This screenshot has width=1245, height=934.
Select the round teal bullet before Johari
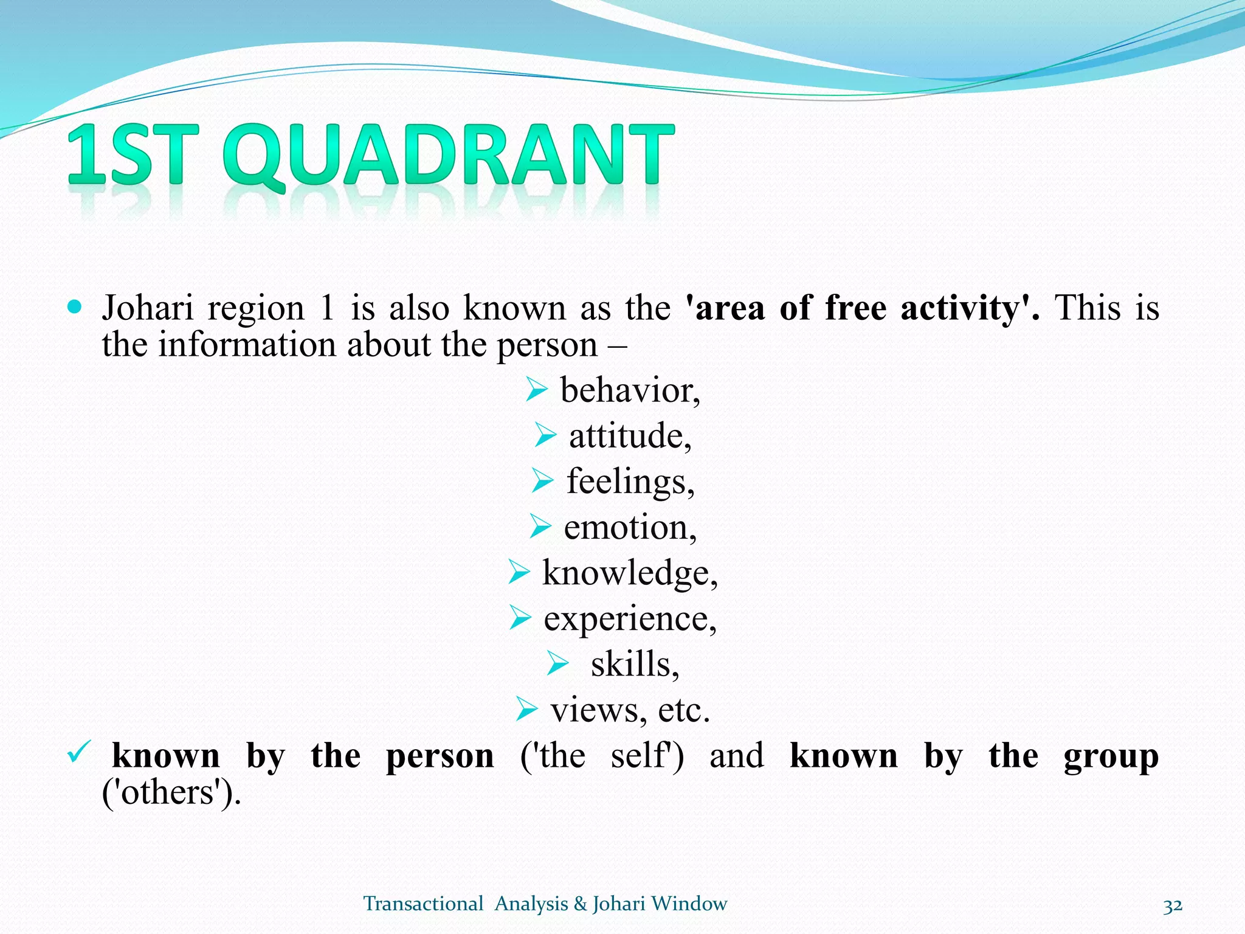click(75, 306)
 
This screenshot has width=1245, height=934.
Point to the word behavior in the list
click(630, 390)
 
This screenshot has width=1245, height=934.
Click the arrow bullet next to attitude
click(545, 435)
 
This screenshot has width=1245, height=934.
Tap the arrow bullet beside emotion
click(540, 526)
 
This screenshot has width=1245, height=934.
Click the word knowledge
click(630, 573)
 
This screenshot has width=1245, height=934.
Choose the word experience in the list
click(630, 619)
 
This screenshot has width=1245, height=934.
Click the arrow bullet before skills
click(557, 663)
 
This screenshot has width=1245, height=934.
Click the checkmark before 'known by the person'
click(79, 752)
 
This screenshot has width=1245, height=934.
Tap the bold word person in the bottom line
click(440, 756)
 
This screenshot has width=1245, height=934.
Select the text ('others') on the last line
click(171, 792)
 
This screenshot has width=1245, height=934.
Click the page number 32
click(1173, 906)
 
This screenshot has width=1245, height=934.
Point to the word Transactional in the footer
click(423, 904)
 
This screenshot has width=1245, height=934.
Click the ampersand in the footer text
click(581, 904)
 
